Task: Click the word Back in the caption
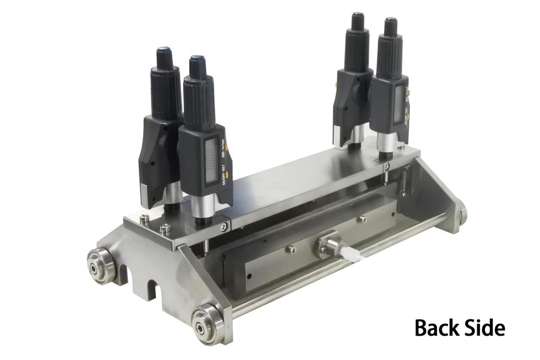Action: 436,327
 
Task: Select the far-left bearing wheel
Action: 102,266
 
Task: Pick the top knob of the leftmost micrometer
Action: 164,58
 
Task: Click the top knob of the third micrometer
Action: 357,22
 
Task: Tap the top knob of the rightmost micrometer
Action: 390,27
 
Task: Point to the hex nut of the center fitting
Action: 328,246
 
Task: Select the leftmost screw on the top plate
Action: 144,219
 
